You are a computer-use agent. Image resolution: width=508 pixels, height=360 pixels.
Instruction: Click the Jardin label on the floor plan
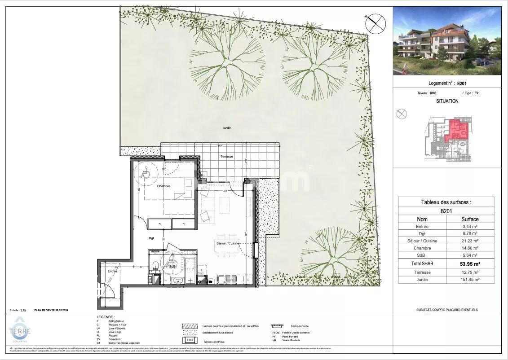(227, 128)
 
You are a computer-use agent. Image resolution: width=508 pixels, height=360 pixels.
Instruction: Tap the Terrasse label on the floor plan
(226, 156)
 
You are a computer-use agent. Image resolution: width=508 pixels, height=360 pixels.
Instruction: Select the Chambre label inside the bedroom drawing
(163, 186)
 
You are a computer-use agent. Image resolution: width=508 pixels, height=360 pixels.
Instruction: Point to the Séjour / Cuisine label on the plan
(227, 243)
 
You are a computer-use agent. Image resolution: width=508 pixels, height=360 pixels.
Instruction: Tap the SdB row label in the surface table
(422, 255)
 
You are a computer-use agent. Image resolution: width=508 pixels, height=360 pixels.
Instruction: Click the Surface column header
(470, 219)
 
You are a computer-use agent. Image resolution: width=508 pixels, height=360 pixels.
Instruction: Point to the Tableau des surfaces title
(446, 202)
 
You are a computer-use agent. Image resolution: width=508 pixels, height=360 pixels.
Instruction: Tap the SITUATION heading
(447, 101)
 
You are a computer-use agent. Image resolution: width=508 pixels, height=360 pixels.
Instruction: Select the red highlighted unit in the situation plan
(458, 130)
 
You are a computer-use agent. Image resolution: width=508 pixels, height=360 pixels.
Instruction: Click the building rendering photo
(446, 41)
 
